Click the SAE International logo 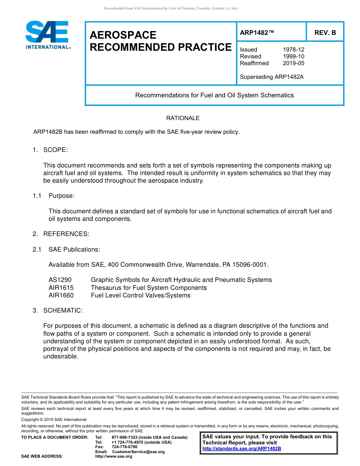pyautogui.click(x=47, y=35)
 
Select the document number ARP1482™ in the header pyautogui.click(x=257, y=33)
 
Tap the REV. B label pyautogui.click(x=325, y=33)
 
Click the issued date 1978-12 pyautogui.click(x=293, y=50)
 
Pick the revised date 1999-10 pyautogui.click(x=293, y=56)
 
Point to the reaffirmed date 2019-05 pyautogui.click(x=293, y=63)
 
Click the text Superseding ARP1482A pyautogui.click(x=272, y=77)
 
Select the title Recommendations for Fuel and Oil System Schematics pyautogui.click(x=214, y=95)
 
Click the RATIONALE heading pyautogui.click(x=183, y=118)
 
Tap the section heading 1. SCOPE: pyautogui.click(x=50, y=150)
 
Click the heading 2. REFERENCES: pyautogui.click(x=61, y=234)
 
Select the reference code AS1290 pyautogui.click(x=60, y=280)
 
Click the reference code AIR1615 pyautogui.click(x=61, y=288)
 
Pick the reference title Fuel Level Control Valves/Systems pyautogui.click(x=141, y=296)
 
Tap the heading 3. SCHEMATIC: pyautogui.click(x=57, y=311)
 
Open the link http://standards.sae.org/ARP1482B pyautogui.click(x=241, y=449)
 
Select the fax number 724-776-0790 pyautogui.click(x=124, y=447)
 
